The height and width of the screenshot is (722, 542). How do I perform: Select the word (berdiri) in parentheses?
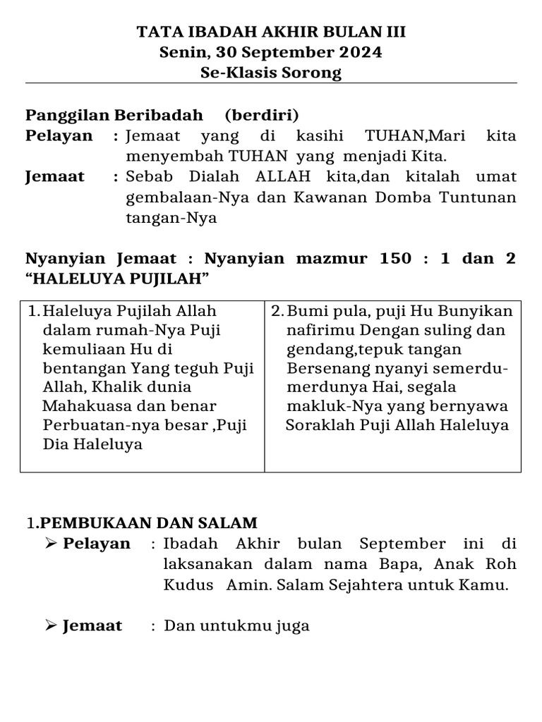262,115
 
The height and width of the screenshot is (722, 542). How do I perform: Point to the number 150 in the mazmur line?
394,258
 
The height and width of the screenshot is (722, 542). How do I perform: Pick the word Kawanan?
327,197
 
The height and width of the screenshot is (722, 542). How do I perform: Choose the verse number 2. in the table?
277,311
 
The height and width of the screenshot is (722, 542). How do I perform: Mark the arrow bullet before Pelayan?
50,543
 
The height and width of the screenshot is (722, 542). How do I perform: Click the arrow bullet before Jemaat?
50,625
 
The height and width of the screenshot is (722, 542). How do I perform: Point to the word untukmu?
233,625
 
